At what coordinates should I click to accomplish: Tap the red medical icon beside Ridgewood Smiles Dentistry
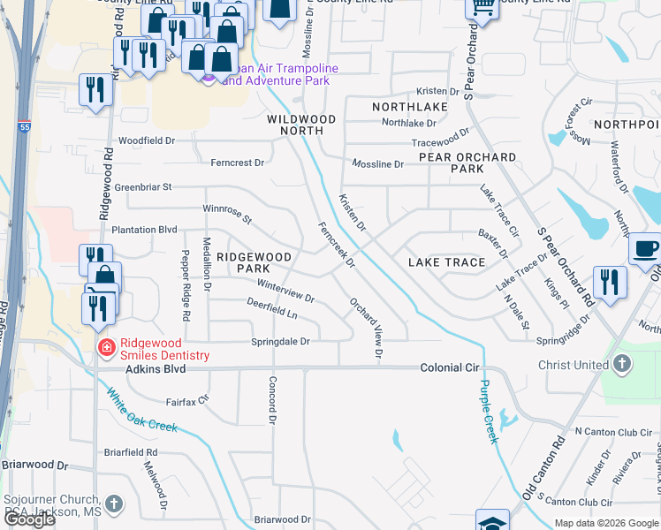coord(106,347)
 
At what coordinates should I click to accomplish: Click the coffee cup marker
coord(646,249)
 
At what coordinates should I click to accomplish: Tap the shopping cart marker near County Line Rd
coord(482,7)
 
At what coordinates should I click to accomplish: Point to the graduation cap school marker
coord(492,521)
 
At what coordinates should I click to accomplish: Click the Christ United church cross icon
coord(622,363)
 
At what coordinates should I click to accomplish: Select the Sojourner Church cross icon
coord(113,503)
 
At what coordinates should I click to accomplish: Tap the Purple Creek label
coord(489,411)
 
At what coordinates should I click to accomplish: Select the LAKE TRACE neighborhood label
coord(446,262)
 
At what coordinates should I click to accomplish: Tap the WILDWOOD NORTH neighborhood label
coord(301,125)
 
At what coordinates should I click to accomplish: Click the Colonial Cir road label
coord(449,367)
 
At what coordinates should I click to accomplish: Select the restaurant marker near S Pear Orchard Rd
coord(610,281)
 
